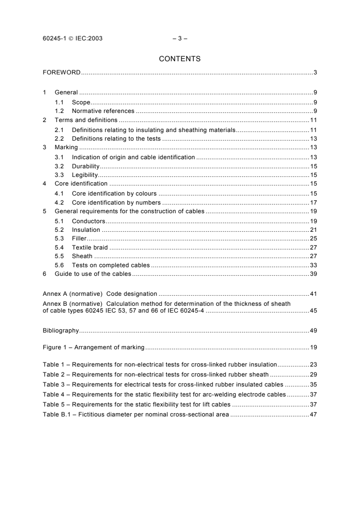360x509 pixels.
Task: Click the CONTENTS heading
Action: [x=180, y=59]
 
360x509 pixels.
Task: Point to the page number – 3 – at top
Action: [x=180, y=39]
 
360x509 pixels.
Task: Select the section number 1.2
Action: [x=59, y=111]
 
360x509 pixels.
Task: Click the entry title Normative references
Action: [x=103, y=111]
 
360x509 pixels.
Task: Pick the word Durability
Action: [x=85, y=166]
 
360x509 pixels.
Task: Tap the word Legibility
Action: [x=85, y=175]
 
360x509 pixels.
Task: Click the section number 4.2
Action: [x=59, y=202]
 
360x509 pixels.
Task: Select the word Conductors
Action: [x=89, y=221]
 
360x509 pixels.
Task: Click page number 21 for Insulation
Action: [x=313, y=230]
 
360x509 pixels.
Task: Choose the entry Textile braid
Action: [x=90, y=248]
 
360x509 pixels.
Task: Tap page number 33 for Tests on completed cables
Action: [x=313, y=265]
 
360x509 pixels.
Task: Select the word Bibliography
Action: [x=61, y=330]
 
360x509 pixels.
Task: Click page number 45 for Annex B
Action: [x=313, y=311]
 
